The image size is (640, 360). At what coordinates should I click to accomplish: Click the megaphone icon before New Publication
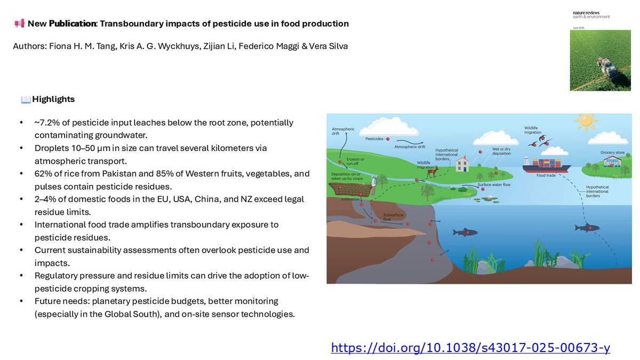[19, 23]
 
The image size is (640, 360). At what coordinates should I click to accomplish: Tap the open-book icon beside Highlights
[26, 100]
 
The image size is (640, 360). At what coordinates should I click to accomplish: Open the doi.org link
[470, 348]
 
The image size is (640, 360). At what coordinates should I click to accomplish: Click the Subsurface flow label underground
[393, 217]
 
